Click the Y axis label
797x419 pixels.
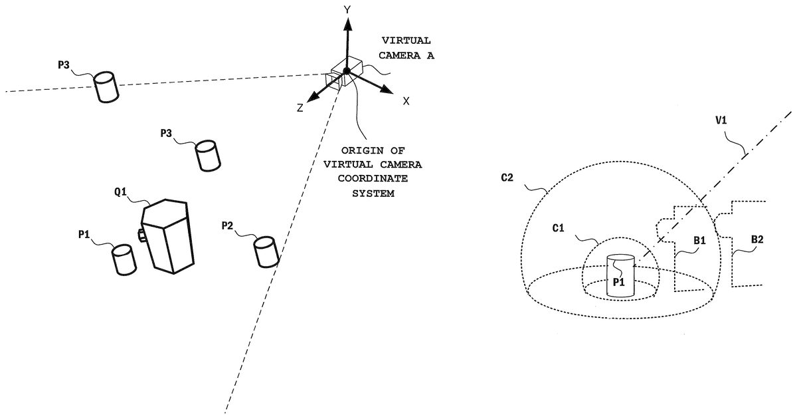coord(346,9)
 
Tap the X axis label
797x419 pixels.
coord(406,100)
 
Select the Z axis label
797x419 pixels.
coord(300,108)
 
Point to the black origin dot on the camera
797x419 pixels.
coord(346,70)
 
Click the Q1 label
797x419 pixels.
coord(122,193)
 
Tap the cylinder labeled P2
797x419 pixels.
coord(266,252)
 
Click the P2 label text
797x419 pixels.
coord(228,226)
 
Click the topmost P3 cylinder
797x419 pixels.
coord(105,87)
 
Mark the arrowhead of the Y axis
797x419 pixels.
coord(346,25)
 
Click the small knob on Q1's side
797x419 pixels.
coord(141,234)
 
